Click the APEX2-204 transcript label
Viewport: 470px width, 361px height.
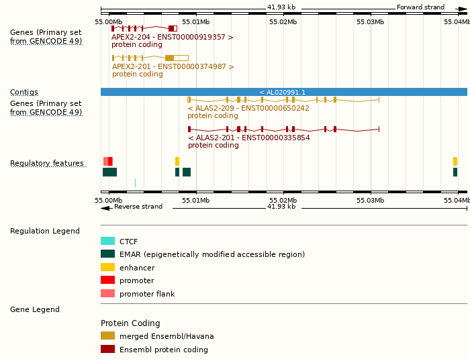pos(173,38)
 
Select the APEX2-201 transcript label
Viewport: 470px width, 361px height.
pos(173,67)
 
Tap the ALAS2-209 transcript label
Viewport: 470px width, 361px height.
pos(248,108)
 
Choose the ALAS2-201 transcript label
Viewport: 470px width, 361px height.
pos(248,138)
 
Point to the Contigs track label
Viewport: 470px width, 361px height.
pos(24,93)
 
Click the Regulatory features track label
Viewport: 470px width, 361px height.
pos(47,164)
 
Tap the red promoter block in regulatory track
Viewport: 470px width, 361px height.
pos(110,161)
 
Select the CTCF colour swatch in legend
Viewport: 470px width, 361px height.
pos(107,241)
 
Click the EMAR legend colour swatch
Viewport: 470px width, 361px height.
pos(107,254)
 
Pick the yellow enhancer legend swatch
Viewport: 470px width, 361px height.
pos(107,267)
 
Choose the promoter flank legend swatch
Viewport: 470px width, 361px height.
pos(107,293)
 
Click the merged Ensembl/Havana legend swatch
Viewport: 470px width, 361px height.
pos(107,336)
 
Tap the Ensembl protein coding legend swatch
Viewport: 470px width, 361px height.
pos(107,349)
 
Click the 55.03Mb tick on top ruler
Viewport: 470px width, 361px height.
pos(371,21)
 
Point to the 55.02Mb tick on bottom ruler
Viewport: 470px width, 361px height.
pos(283,200)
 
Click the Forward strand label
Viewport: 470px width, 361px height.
pos(420,7)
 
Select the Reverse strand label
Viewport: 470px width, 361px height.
pos(138,207)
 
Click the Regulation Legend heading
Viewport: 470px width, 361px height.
pos(45,231)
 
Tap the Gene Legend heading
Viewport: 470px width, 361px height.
pos(35,310)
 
